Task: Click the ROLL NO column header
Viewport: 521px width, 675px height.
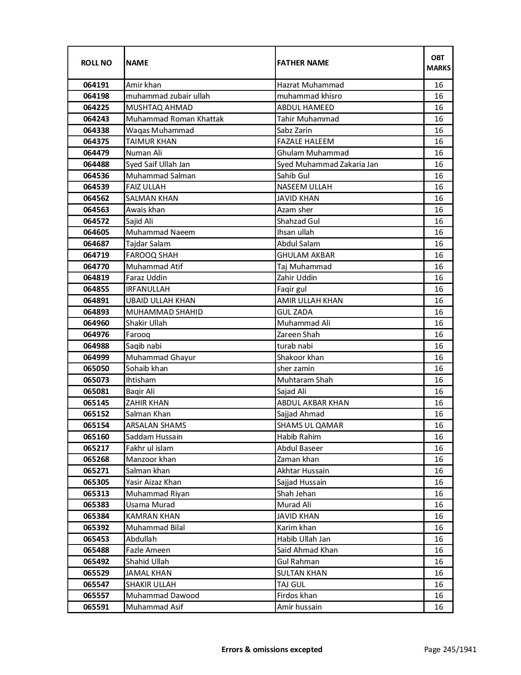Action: coord(96,63)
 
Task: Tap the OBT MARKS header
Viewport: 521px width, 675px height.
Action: coord(438,63)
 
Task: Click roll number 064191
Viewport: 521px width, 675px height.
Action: coord(96,85)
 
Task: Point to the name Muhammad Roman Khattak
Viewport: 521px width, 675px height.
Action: coord(174,119)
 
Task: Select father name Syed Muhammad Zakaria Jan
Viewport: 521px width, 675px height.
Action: coord(327,164)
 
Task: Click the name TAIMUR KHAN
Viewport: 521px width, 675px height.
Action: coord(151,142)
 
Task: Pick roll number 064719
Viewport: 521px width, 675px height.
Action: coord(96,255)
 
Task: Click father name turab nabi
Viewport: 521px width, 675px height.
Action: coord(295,346)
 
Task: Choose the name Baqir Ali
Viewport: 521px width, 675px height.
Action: coord(140,391)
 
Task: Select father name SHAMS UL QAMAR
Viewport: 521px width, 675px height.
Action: coord(310,425)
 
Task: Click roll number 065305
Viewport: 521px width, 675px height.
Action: coord(96,482)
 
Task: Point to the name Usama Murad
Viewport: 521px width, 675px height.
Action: coord(150,505)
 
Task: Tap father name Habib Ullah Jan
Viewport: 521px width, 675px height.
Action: coord(304,539)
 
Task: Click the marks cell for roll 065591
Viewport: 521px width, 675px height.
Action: coord(438,607)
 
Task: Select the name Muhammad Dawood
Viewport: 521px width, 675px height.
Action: coord(162,596)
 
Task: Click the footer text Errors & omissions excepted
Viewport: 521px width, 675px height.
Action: coord(272,649)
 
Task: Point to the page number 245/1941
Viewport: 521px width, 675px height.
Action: coord(450,649)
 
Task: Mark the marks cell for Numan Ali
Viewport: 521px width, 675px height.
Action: coord(438,153)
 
